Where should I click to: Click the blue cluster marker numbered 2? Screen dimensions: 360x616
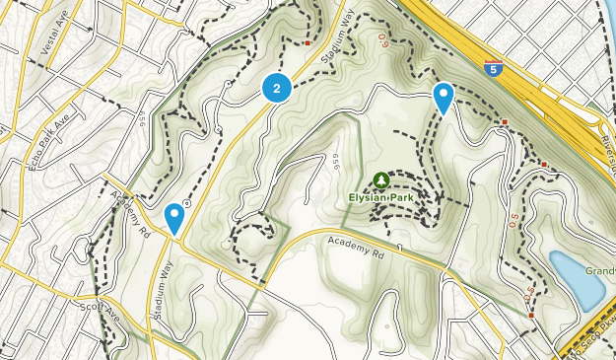pos(277,89)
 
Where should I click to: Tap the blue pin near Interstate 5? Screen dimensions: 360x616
pos(444,97)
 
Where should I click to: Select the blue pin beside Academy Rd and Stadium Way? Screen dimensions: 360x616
pos(174,216)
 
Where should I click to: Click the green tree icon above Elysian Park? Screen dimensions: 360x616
pos(380,180)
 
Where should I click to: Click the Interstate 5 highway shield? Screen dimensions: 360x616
pos(492,68)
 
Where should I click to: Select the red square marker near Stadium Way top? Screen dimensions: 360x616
pos(308,43)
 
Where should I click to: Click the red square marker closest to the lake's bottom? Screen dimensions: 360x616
pos(531,316)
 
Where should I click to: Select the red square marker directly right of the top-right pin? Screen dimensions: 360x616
pos(505,122)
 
